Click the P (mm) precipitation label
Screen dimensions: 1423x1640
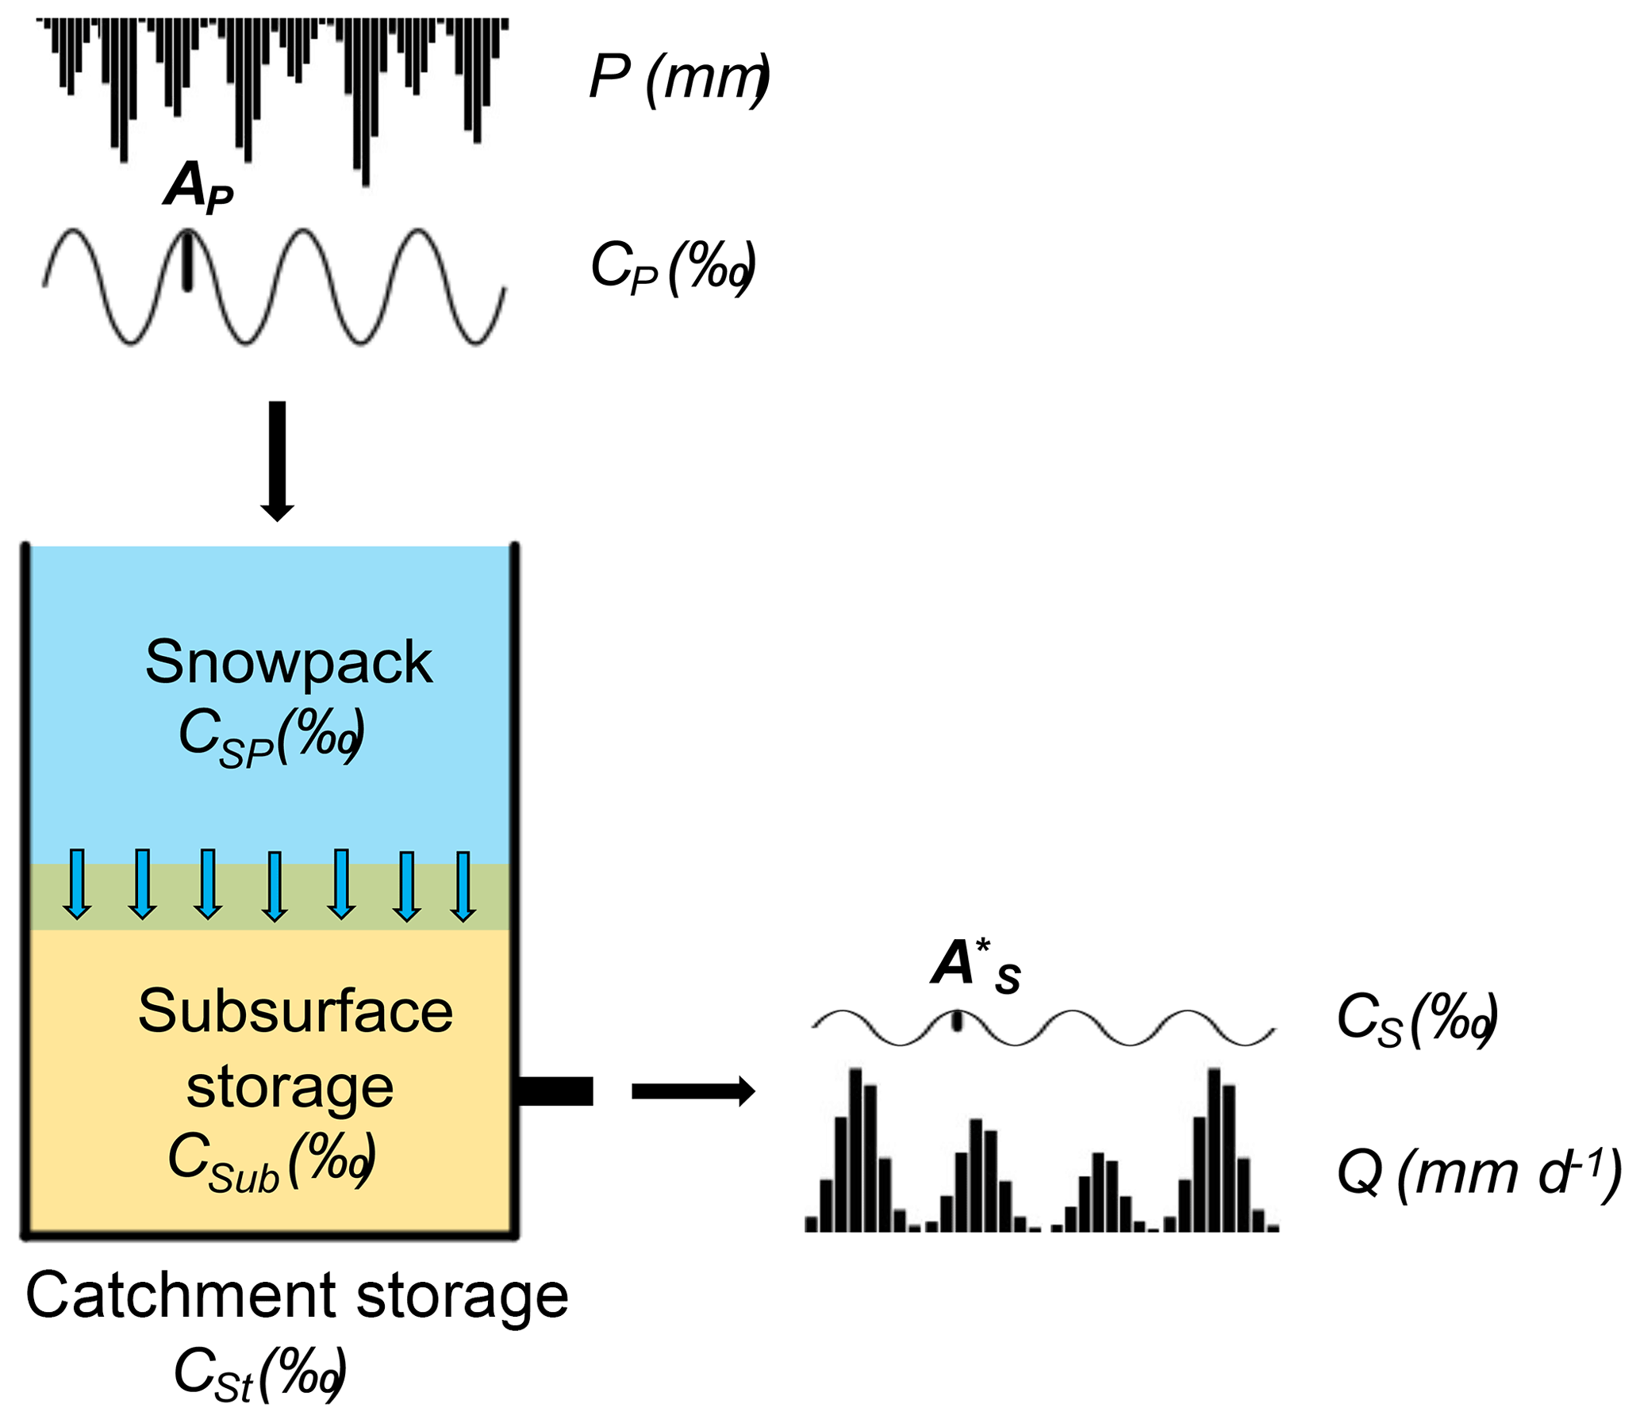679,78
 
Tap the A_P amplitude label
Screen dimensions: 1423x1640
198,187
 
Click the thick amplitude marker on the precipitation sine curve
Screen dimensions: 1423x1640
187,260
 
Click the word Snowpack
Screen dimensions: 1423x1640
288,662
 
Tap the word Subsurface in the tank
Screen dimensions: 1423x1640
295,1011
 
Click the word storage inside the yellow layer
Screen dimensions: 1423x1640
290,1087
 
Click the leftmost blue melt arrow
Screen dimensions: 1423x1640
77,884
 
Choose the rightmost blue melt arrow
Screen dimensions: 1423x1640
463,885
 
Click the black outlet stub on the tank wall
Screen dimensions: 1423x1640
556,1091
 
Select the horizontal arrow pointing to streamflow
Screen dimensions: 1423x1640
693,1091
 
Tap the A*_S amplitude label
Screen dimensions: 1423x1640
975,967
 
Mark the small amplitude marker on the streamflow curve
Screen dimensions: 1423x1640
957,1020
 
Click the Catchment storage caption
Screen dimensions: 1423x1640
297,1295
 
